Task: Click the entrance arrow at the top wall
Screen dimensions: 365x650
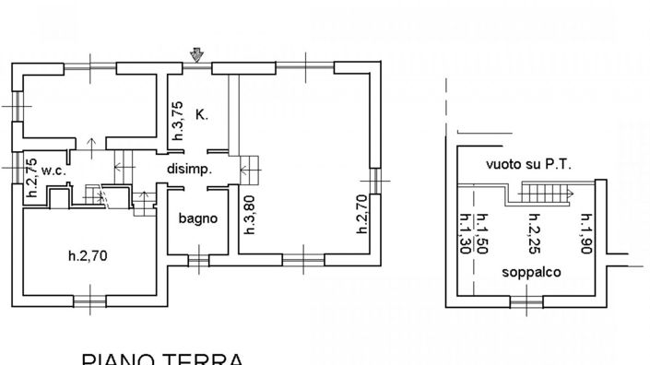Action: (195, 57)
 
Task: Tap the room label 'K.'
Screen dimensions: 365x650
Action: (202, 115)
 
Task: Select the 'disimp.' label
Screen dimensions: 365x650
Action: (190, 170)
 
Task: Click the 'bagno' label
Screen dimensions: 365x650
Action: (198, 218)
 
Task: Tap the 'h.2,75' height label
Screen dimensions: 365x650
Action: (30, 179)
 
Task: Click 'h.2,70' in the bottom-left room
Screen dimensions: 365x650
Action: (90, 256)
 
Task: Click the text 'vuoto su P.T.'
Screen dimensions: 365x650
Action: (529, 165)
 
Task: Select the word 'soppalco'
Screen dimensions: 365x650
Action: (530, 273)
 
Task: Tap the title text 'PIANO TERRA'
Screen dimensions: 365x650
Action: (161, 358)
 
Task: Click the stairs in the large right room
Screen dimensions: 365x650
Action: (251, 167)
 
